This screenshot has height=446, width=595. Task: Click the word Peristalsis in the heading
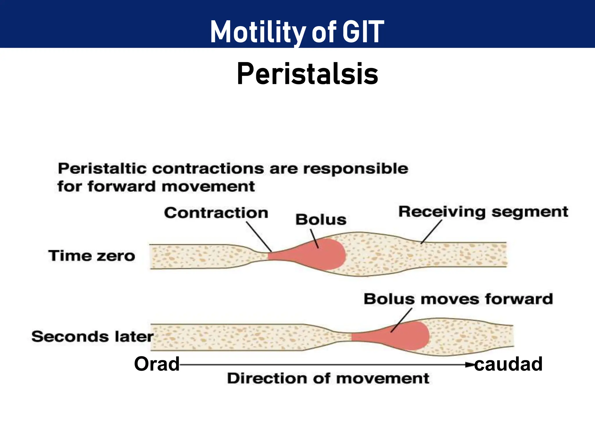coord(307,74)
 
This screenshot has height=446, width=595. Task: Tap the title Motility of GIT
coord(297,32)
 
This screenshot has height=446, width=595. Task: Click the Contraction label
coord(216,213)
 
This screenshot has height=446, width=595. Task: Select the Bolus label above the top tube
coord(321,220)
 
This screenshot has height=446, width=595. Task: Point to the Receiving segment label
coord(483,212)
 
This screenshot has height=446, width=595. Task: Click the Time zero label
coord(92,256)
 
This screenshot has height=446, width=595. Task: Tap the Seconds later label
coord(92,337)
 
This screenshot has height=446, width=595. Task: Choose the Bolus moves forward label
coord(458,299)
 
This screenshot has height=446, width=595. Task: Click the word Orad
coord(157,364)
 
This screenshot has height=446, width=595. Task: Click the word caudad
coord(508,364)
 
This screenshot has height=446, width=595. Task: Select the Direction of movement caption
coord(328,378)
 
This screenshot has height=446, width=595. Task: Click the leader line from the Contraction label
coord(259,237)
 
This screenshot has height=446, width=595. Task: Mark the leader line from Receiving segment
coord(431,231)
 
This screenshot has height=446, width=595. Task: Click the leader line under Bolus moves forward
coord(401,320)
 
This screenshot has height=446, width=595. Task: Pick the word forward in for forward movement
coord(122,186)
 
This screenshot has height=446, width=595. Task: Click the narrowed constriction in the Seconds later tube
coord(343,337)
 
